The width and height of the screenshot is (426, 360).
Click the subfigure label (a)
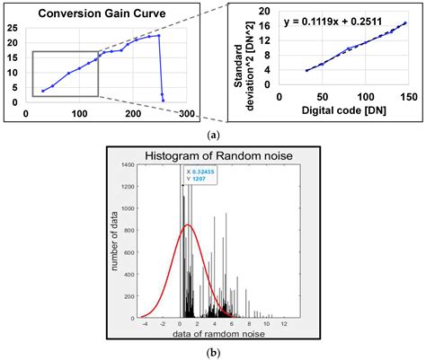[212, 134]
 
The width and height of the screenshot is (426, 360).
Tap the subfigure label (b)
[212, 352]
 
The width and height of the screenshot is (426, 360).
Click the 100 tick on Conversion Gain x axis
[80, 114]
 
